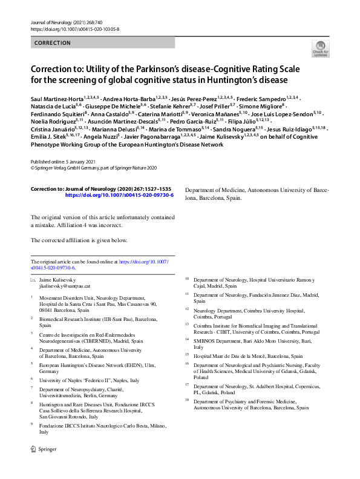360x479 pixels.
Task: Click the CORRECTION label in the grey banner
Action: (x=53, y=43)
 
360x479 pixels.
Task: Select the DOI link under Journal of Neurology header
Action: (x=74, y=29)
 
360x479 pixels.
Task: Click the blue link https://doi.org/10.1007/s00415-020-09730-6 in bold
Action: (x=119, y=196)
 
